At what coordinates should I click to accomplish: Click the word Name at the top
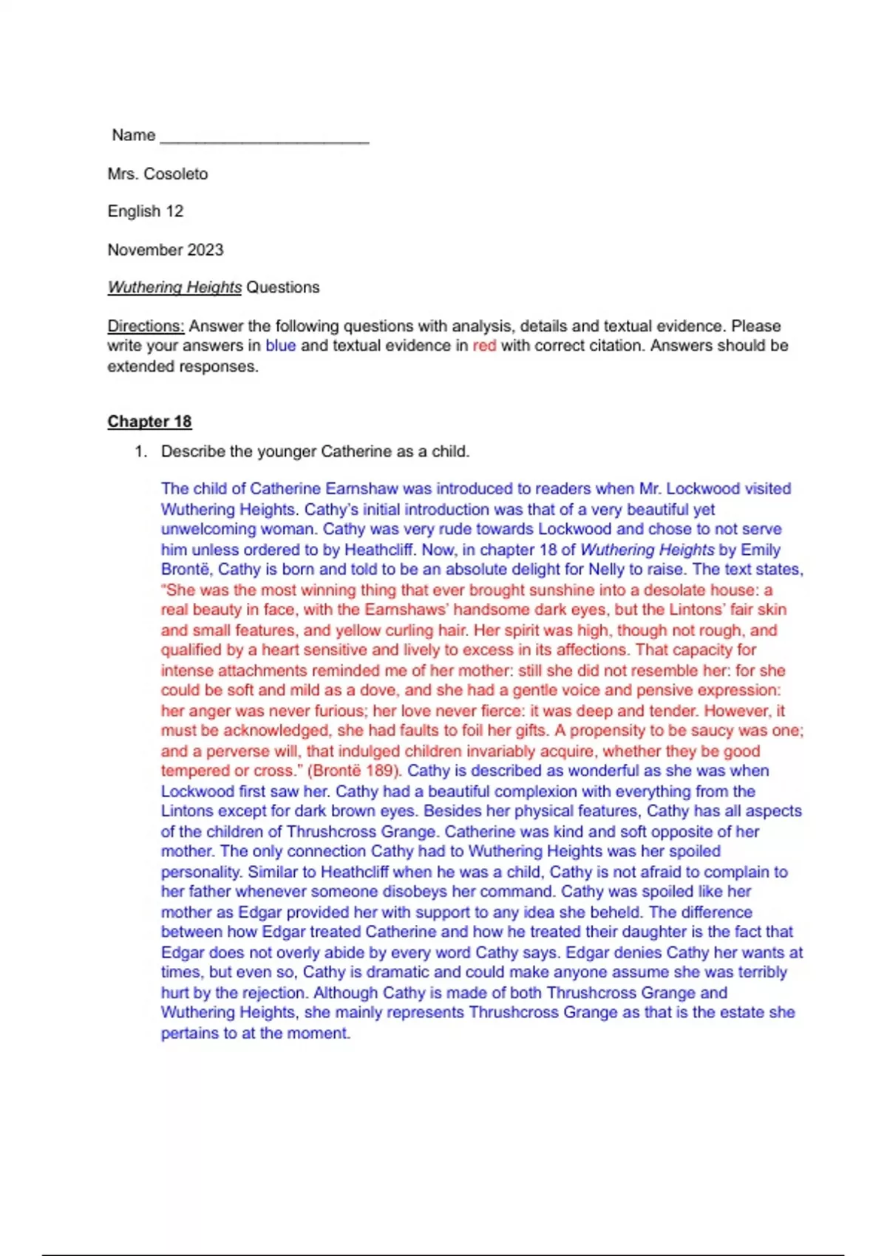[134, 135]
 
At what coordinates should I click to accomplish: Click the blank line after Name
[265, 137]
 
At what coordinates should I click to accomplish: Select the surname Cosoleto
[176, 174]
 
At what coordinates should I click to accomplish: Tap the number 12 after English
[174, 211]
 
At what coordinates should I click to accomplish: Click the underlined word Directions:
[146, 326]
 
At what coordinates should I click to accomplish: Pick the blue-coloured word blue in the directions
[281, 346]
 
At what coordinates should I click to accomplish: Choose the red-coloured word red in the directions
[484, 346]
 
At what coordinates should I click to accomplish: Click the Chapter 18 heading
[149, 421]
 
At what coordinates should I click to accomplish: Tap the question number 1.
[140, 451]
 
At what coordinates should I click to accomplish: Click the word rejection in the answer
[269, 993]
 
